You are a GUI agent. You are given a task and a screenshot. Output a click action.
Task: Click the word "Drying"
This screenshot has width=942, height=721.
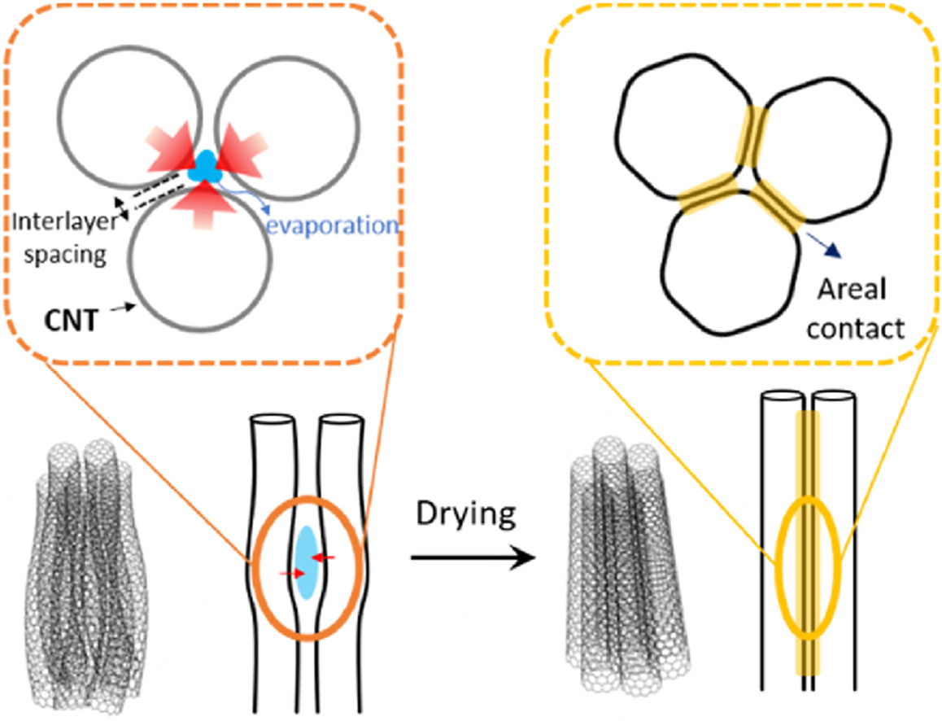[x=466, y=515]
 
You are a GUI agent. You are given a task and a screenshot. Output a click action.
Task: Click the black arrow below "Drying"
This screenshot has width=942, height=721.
[x=473, y=558]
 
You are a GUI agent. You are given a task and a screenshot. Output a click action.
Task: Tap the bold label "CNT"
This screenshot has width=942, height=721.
[x=71, y=320]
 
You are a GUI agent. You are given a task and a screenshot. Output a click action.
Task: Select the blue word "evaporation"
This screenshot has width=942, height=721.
[x=332, y=226]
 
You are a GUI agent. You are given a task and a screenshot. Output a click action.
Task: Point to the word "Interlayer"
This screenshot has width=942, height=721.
[x=65, y=222]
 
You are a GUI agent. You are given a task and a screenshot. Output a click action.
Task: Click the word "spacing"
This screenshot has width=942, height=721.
[x=65, y=256]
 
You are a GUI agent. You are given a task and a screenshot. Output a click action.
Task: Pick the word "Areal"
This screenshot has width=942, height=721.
[x=851, y=291]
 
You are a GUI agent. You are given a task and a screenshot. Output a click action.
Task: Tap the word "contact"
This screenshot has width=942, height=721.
[x=855, y=329]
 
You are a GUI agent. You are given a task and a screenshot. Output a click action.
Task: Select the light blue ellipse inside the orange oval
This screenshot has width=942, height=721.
[x=307, y=562]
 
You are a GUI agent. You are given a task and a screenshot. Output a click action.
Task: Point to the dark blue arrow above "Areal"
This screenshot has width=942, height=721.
[x=822, y=243]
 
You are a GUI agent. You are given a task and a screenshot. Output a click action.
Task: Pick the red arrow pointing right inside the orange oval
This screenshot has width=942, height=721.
[x=293, y=574]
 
